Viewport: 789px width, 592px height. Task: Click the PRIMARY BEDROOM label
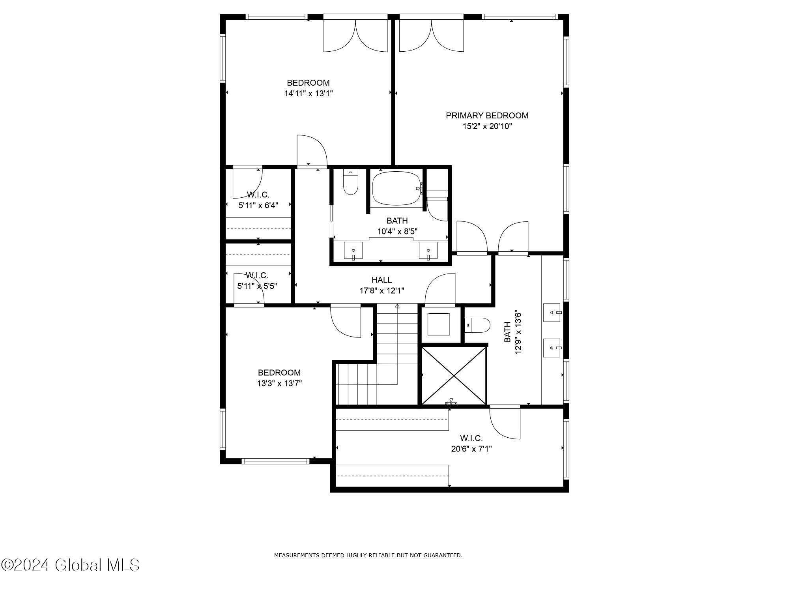487,116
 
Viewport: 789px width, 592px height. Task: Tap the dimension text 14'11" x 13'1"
308,94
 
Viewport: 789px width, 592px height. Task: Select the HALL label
381,280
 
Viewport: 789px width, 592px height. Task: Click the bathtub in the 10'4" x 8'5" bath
396,188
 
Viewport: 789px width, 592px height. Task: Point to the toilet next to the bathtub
350,182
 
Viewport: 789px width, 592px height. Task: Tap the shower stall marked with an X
454,375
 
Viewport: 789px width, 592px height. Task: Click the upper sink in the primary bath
552,313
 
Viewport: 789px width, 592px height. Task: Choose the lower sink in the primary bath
552,348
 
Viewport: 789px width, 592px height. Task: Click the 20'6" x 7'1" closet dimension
471,449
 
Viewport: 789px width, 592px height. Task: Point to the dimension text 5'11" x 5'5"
257,286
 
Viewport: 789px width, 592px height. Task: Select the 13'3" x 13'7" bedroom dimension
279,383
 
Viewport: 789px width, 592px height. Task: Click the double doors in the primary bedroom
431,36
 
